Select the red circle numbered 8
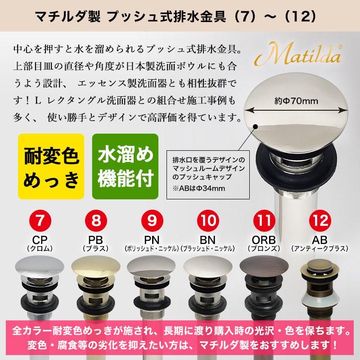tap(96, 221)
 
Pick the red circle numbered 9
tap(152, 221)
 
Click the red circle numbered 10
tap(207, 221)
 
